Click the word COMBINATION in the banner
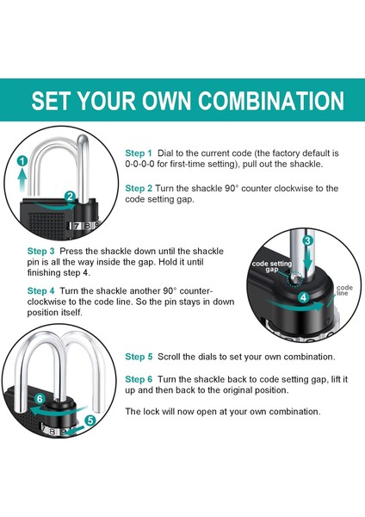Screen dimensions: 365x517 click(x=271, y=100)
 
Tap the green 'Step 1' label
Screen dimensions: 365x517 click(x=139, y=153)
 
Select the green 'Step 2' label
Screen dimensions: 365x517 click(x=139, y=188)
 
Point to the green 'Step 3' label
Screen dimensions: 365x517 click(x=40, y=251)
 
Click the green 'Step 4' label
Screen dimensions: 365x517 click(x=40, y=291)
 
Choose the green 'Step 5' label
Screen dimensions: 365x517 click(x=139, y=357)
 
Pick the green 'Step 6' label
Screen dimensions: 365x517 click(x=139, y=379)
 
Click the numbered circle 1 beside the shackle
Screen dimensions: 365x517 click(x=22, y=161)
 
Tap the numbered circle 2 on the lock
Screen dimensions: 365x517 click(x=70, y=196)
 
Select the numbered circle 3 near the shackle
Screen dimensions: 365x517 click(x=307, y=240)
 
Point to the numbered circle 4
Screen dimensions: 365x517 click(x=303, y=297)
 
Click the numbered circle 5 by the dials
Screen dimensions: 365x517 click(x=90, y=420)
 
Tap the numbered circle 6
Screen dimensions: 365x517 click(x=40, y=399)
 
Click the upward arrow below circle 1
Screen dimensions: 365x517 click(x=22, y=180)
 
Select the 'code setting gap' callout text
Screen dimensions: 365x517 click(x=272, y=266)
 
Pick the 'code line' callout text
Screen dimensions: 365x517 click(x=344, y=290)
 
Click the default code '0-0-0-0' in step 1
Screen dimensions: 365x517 click(x=139, y=165)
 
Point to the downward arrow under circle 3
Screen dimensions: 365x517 click(x=307, y=258)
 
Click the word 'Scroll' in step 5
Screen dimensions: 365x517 click(x=169, y=357)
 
